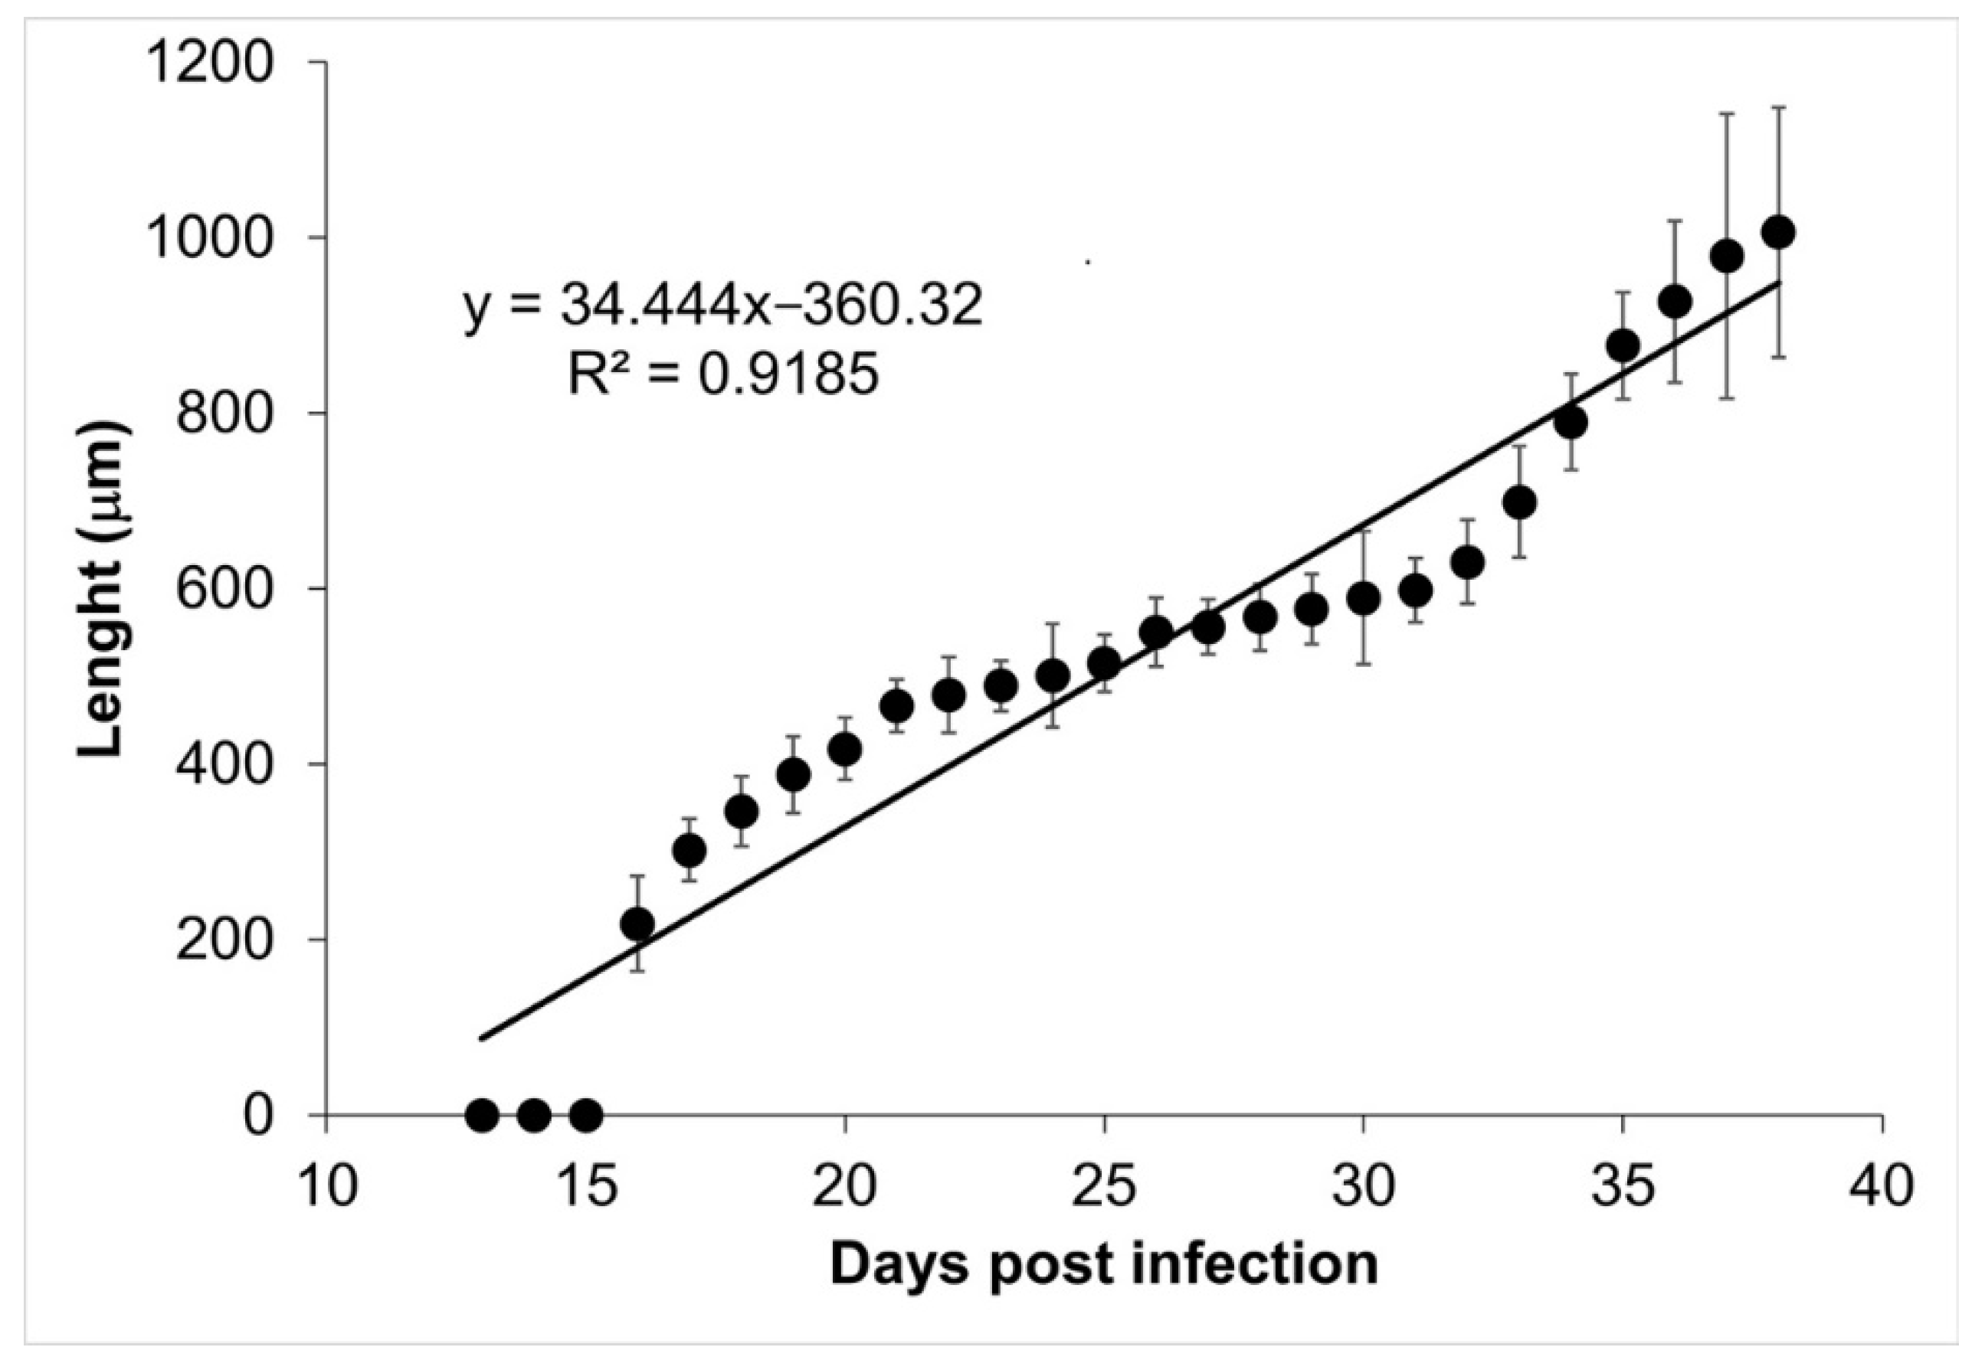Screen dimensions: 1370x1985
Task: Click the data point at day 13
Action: [x=482, y=1116]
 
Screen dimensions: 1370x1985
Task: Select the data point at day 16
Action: [x=637, y=924]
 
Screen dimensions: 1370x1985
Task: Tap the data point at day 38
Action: [x=1777, y=233]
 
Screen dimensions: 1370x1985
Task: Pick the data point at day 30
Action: [x=1363, y=598]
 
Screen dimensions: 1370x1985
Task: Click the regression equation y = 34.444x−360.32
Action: [x=722, y=307]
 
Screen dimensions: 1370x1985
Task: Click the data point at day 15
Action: [x=585, y=1116]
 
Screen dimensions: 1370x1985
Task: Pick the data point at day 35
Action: [x=1623, y=346]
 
